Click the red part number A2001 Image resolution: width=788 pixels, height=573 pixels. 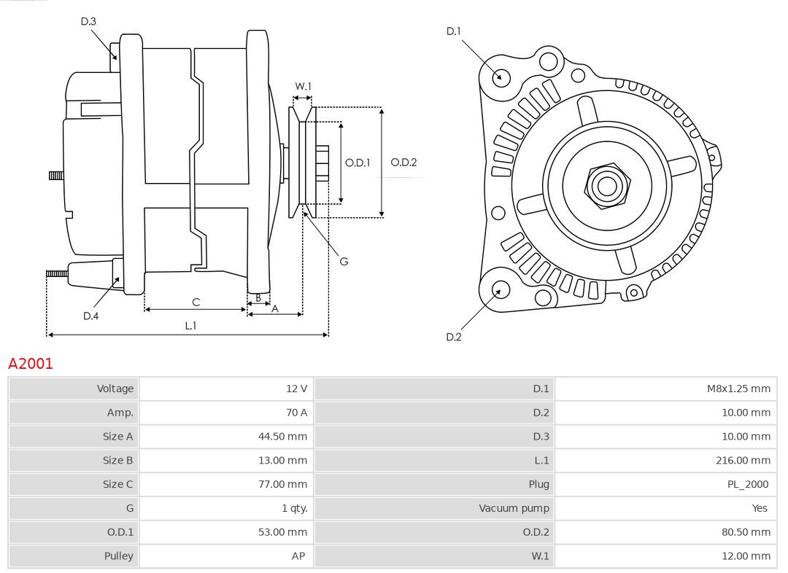pos(31,363)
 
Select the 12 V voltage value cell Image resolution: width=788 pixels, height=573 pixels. pos(296,389)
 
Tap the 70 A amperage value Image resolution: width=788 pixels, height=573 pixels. pos(296,413)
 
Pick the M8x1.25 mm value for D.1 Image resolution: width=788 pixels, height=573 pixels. pos(738,389)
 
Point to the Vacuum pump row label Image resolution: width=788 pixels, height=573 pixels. pos(514,508)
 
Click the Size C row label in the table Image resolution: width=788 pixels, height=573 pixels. pos(118,484)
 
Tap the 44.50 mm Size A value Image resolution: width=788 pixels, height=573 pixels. pos(282,437)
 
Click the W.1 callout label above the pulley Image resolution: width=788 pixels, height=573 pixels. pos(303,86)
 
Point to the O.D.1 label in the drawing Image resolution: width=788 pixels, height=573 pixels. pos(358,163)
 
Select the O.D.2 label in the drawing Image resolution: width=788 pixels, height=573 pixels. pos(403,163)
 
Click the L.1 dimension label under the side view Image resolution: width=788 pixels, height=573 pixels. pos(190,326)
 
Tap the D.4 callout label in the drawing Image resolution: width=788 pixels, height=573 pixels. pos(90,316)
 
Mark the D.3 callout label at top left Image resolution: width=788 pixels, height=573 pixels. pos(88,21)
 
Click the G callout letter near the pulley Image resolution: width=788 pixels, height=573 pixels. pos(344,261)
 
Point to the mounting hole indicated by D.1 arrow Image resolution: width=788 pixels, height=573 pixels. pos(501,77)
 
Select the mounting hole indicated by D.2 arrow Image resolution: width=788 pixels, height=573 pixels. pos(500,290)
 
